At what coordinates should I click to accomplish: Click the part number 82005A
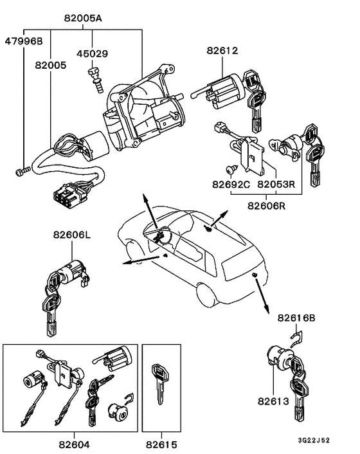(83, 19)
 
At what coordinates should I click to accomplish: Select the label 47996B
(24, 41)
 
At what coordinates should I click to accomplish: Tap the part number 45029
(92, 55)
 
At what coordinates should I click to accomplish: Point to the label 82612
(222, 50)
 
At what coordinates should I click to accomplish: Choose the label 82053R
(276, 185)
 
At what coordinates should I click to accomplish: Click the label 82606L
(72, 237)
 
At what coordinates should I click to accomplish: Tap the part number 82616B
(296, 318)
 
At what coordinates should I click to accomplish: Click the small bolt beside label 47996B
(21, 171)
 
